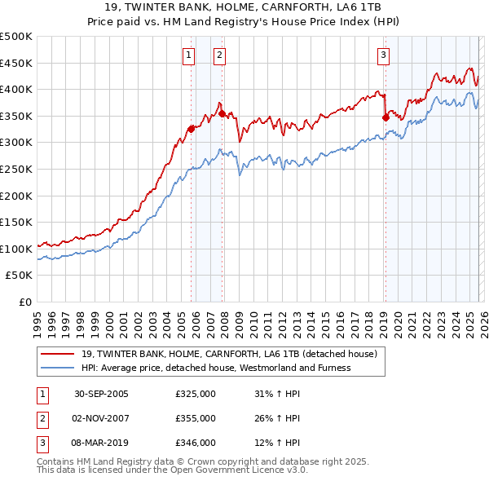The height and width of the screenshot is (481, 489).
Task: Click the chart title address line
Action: click(244, 9)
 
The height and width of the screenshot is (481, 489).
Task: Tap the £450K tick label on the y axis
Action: click(16, 63)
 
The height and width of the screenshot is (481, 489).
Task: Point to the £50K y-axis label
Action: click(20, 276)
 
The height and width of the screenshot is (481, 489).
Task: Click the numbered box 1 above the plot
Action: click(189, 55)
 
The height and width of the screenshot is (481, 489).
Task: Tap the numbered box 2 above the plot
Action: click(220, 55)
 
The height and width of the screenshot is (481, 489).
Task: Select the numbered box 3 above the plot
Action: click(383, 55)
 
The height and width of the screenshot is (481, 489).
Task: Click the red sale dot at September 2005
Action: click(191, 129)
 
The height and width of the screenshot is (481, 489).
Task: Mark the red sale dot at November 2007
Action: click(221, 113)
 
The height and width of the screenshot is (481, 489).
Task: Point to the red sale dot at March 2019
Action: click(385, 117)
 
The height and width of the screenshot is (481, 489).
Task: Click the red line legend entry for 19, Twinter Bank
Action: click(228, 355)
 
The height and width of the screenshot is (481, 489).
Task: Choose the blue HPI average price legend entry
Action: click(216, 368)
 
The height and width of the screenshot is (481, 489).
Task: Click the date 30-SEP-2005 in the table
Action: click(101, 394)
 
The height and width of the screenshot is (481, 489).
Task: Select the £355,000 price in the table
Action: click(195, 418)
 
